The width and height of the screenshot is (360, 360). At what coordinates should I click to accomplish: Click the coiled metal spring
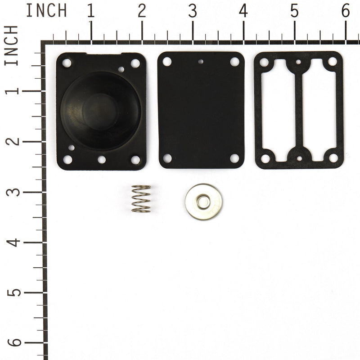click(x=141, y=198)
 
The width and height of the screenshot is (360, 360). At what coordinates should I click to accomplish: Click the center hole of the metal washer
click(x=203, y=202)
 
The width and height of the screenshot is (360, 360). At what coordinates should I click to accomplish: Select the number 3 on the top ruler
click(x=193, y=11)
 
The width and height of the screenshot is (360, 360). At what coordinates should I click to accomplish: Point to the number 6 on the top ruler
click(x=346, y=11)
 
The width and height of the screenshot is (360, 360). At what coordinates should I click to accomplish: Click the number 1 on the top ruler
click(x=91, y=11)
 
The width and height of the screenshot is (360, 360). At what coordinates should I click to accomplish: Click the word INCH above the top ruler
click(x=46, y=10)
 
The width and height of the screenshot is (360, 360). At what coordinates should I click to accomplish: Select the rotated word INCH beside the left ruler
click(x=12, y=45)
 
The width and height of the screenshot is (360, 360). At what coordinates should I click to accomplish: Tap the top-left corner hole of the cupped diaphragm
click(x=67, y=63)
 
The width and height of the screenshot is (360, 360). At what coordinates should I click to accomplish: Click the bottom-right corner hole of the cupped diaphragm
click(x=135, y=159)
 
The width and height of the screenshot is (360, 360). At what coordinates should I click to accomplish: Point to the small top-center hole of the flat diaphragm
click(x=201, y=62)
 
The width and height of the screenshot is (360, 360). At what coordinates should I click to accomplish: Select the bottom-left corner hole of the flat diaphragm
click(x=167, y=158)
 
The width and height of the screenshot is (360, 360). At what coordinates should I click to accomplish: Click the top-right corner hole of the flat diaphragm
click(x=234, y=62)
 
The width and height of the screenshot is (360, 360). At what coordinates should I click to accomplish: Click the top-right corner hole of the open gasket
click(x=333, y=62)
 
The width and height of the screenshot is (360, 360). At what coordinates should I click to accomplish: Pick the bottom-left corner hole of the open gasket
click(x=265, y=158)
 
